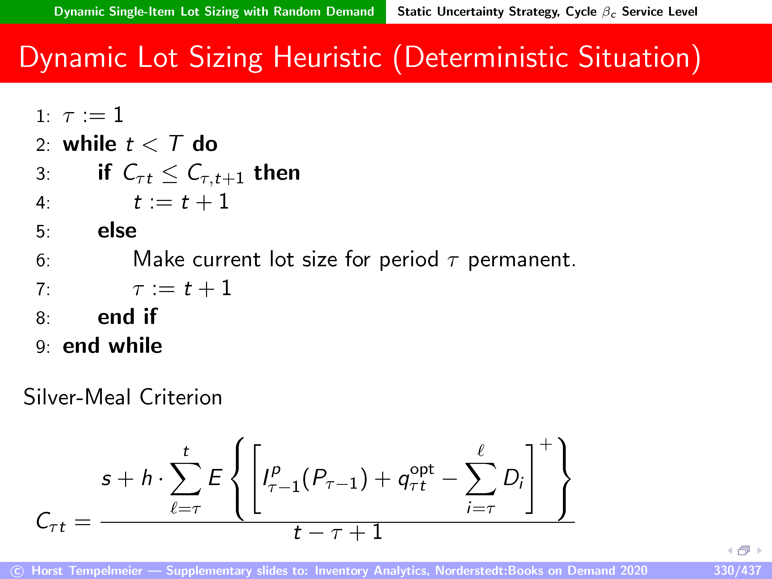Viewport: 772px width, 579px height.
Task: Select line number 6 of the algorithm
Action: click(x=43, y=261)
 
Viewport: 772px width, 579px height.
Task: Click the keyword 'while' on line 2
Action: click(x=90, y=143)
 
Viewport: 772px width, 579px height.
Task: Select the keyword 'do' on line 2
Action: click(x=205, y=143)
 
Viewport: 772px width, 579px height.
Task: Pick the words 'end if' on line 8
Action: click(x=127, y=317)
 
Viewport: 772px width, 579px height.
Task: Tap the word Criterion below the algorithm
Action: click(x=181, y=397)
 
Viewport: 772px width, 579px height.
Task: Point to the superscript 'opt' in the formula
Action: click(x=422, y=470)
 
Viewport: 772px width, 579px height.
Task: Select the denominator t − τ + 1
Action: click(x=338, y=532)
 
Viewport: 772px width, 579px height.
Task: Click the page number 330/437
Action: click(x=737, y=570)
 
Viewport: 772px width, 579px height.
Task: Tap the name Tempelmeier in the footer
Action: click(x=106, y=570)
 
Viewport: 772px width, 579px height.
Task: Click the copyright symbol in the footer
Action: click(x=17, y=571)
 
